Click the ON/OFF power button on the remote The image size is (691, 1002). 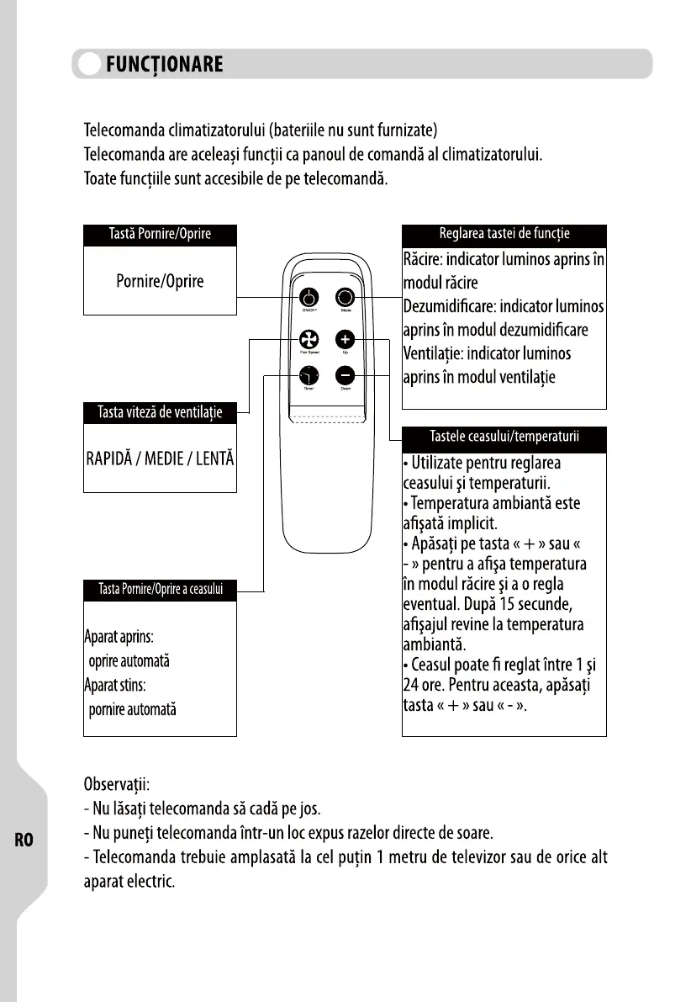pos(309,298)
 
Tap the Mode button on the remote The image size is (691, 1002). pos(345,298)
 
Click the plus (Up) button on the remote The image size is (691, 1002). pos(345,338)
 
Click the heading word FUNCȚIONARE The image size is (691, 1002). pos(164,64)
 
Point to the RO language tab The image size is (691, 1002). pos(24,839)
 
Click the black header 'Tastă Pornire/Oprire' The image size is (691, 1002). pos(160,235)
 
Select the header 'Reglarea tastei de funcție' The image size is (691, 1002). pos(504,235)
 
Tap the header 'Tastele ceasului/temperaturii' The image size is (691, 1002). pos(504,437)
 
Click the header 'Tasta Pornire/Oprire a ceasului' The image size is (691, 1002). pos(160,588)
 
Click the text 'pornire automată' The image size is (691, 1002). pos(133,709)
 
